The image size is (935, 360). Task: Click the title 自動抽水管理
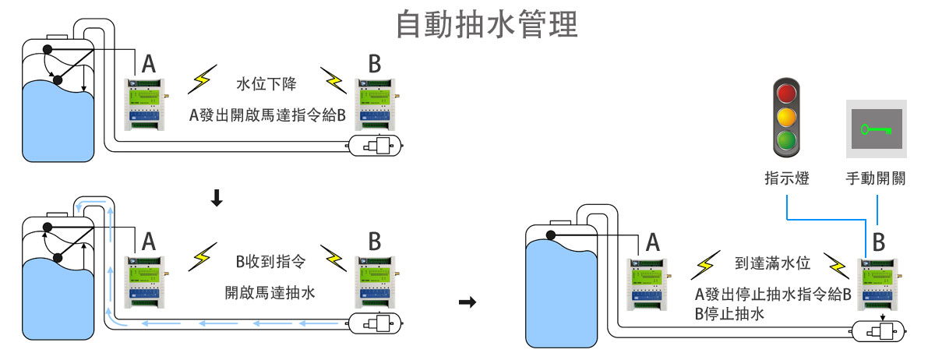(487, 24)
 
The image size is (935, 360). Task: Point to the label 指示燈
(787, 179)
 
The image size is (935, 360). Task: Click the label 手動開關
(877, 179)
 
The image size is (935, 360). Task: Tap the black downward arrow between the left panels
(217, 200)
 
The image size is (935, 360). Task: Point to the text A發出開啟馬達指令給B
(267, 115)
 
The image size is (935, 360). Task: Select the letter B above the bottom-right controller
(879, 242)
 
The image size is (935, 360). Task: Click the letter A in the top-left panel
(148, 64)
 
